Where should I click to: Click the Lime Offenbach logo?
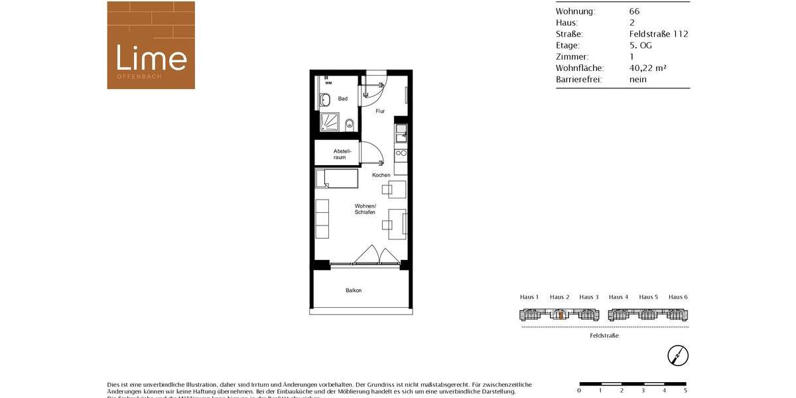click(151, 45)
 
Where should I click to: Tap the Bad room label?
click(343, 99)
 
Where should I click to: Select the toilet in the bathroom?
click(349, 123)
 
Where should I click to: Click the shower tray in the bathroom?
click(330, 122)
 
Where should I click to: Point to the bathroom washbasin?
click(325, 100)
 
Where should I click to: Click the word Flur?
click(380, 111)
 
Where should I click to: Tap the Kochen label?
click(381, 175)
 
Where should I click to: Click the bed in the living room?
click(336, 178)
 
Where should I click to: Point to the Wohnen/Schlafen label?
click(365, 209)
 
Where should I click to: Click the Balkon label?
click(354, 291)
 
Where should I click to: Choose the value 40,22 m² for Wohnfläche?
click(647, 68)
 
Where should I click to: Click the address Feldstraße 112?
click(659, 34)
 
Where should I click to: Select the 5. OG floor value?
click(641, 45)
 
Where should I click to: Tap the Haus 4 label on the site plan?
click(618, 297)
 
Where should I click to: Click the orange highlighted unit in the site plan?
click(561, 316)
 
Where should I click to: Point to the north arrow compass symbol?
click(678, 356)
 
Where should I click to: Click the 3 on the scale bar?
click(643, 391)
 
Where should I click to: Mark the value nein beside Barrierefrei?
click(638, 80)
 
